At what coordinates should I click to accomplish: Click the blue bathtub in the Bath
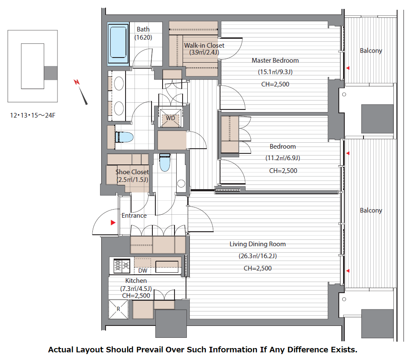118,43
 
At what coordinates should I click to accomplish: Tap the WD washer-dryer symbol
170,118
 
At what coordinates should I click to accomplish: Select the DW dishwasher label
143,271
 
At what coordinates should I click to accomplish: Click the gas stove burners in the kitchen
122,265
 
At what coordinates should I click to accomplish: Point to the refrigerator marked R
118,309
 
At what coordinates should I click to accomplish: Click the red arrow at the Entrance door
113,222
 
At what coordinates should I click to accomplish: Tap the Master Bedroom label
275,60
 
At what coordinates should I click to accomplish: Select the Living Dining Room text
257,244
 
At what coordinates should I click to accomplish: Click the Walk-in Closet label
204,45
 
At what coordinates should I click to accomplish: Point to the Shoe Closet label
132,172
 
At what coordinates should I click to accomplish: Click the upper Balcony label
371,51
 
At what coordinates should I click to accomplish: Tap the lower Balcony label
371,210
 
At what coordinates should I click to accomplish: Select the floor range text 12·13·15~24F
33,115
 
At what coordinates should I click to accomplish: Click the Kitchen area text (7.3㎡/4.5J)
136,288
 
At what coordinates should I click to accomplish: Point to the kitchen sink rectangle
167,267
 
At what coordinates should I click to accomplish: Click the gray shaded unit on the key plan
51,73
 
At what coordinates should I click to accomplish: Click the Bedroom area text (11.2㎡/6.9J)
283,158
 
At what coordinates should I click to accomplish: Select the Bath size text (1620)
143,37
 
